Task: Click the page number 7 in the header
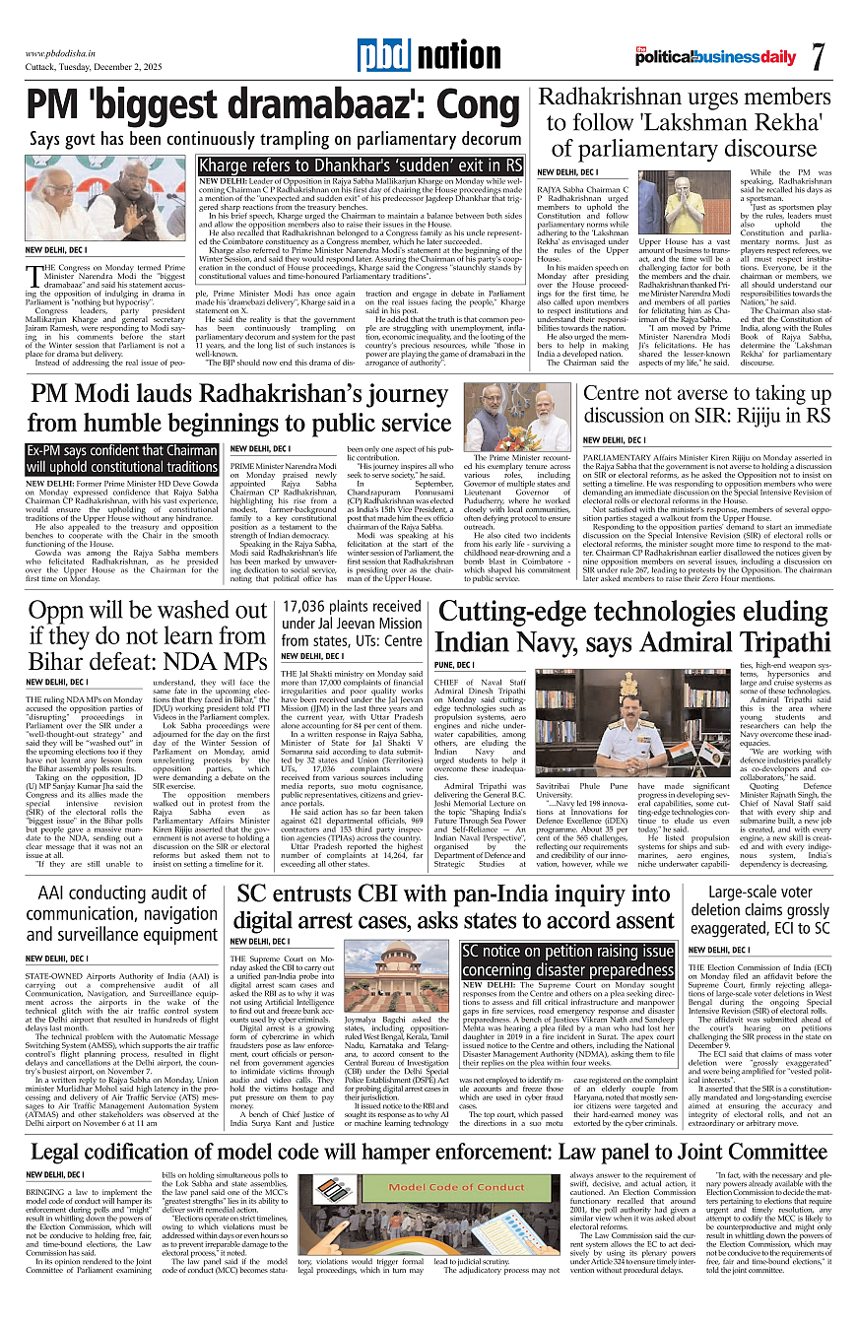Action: click(817, 56)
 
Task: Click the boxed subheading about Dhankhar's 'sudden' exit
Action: click(361, 165)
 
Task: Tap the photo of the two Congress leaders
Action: click(105, 198)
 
